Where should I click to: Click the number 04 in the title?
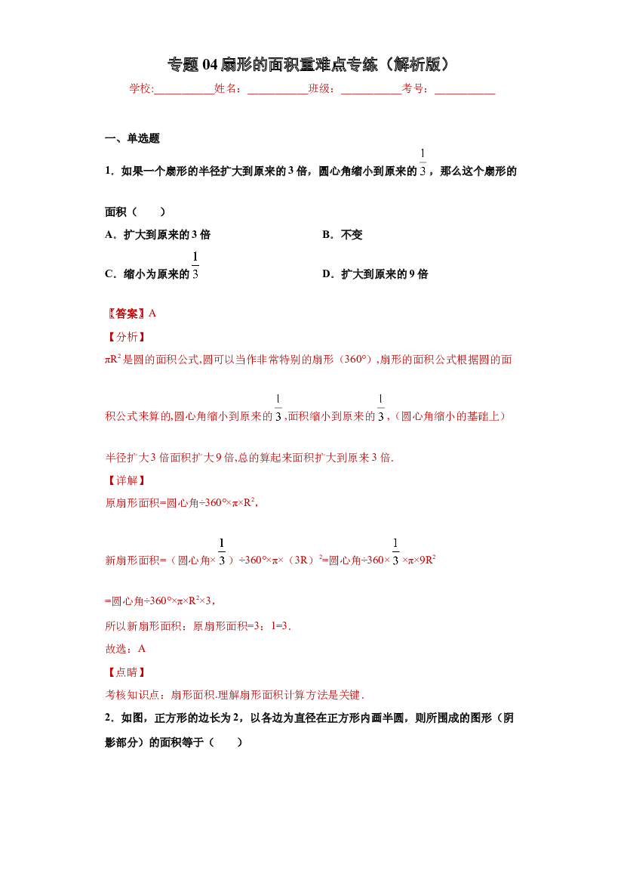[209, 65]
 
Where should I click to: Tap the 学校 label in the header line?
[140, 88]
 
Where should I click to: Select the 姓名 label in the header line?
[225, 88]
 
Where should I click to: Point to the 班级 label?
[319, 88]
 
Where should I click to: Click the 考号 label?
[413, 88]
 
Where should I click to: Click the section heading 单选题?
[143, 138]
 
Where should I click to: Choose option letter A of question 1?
[109, 235]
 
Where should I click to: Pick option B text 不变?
[352, 235]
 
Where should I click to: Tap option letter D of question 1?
[327, 274]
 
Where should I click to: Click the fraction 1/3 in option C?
[195, 266]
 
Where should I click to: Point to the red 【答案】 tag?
[127, 313]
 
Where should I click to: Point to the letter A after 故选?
[142, 650]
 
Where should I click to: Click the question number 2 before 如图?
[108, 718]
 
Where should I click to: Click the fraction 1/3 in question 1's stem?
[423, 162]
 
